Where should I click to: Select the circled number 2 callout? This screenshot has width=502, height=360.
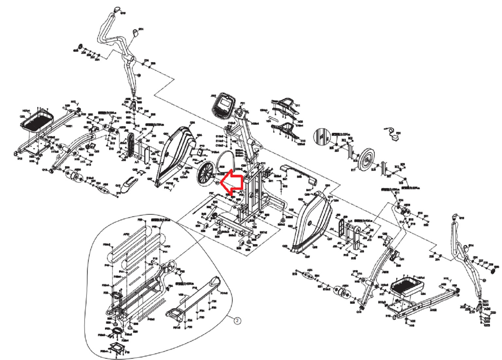(238, 320)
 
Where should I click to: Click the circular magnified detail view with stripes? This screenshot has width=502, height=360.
(322, 136)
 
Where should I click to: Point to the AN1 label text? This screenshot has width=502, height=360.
(213, 96)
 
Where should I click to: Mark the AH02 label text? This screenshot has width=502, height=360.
(433, 310)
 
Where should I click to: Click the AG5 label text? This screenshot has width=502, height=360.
(487, 309)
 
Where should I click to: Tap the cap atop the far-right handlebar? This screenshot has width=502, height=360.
(454, 216)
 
